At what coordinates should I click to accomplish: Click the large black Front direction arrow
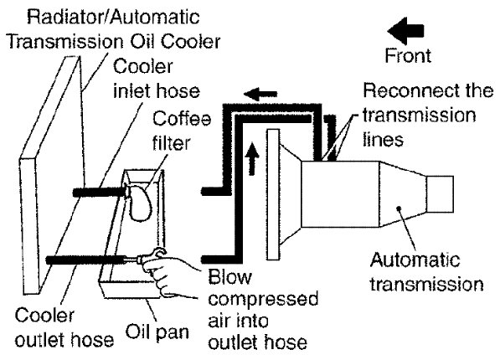coord(405,31)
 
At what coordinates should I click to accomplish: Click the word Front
coord(408,55)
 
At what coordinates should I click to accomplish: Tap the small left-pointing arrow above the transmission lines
coord(260,94)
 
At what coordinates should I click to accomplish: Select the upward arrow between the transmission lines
coord(252,158)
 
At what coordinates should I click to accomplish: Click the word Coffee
coord(182,118)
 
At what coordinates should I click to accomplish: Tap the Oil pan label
coord(157,332)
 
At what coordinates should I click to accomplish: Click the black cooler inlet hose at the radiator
coord(99,193)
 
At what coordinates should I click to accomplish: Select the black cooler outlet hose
coord(85,260)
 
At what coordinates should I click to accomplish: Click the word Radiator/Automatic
coord(114,17)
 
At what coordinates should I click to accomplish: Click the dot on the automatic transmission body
coord(399,208)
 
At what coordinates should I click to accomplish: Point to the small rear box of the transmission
coord(440,194)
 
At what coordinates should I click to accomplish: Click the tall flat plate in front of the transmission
coord(274,194)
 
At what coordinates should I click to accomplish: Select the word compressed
coord(263,299)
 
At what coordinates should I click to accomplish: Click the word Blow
coord(229,276)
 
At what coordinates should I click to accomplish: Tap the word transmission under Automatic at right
coord(426,284)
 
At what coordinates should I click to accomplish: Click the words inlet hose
coord(157,91)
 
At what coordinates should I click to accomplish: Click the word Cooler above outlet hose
coord(44,316)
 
